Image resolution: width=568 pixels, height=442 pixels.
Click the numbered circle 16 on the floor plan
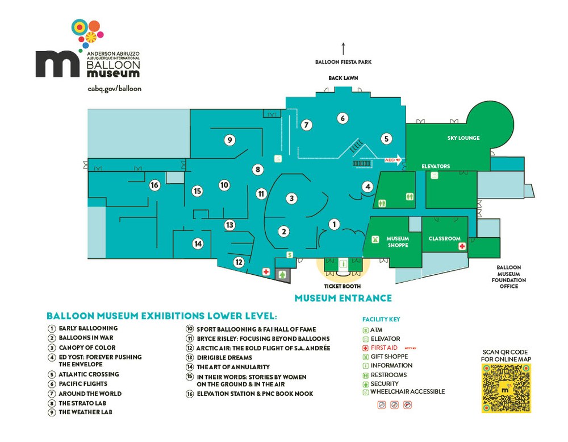pos(154,185)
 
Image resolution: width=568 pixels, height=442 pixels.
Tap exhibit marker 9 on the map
pos(229,139)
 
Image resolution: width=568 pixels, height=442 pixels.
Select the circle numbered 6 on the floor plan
pos(342,118)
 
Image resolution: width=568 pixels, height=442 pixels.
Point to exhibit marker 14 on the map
pos(198,244)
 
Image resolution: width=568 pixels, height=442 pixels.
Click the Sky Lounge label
pos(463,138)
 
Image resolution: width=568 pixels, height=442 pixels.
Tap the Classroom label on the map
pos(444,238)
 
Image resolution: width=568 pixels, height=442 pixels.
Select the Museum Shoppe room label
pos(398,241)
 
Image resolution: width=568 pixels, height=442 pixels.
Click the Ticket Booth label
pos(343,286)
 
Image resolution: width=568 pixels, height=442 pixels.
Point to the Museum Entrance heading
pos(343,298)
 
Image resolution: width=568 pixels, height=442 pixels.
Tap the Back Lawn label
pos(343,78)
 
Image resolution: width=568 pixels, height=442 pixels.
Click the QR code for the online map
pos(506,388)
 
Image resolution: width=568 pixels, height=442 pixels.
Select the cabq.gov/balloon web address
pos(114,89)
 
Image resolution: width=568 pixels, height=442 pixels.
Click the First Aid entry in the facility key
pos(385,348)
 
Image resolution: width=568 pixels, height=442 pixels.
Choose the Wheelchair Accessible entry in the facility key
pos(407,391)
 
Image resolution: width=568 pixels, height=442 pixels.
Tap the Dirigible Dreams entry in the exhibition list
pos(224,357)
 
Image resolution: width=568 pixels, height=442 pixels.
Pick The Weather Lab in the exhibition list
pos(85,412)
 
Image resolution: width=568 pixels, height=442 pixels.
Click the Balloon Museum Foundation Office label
pos(511,276)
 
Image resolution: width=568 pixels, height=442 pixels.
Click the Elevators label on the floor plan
pos(436,167)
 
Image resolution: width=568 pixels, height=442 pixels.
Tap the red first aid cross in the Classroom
pos(462,246)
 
